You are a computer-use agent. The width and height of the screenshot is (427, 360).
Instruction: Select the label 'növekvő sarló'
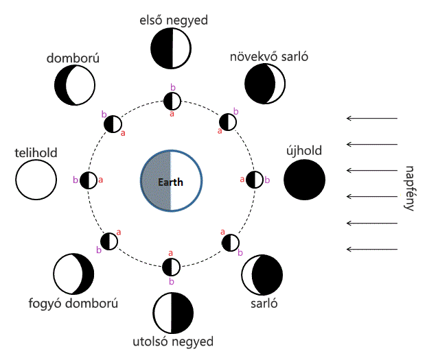(269, 56)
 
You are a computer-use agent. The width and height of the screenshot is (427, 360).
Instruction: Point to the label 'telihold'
(35, 152)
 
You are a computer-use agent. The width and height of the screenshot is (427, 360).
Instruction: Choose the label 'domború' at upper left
(74, 59)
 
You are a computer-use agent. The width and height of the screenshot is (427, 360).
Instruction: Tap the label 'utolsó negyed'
(172, 341)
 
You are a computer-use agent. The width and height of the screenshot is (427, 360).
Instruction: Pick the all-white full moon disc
(36, 180)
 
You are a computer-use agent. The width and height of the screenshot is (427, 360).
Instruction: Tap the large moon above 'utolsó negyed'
(173, 313)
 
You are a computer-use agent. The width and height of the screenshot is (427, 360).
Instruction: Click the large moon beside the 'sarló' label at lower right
(262, 274)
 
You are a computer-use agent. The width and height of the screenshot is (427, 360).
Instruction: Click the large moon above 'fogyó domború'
(73, 274)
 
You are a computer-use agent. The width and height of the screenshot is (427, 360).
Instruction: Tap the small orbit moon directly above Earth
(172, 101)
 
